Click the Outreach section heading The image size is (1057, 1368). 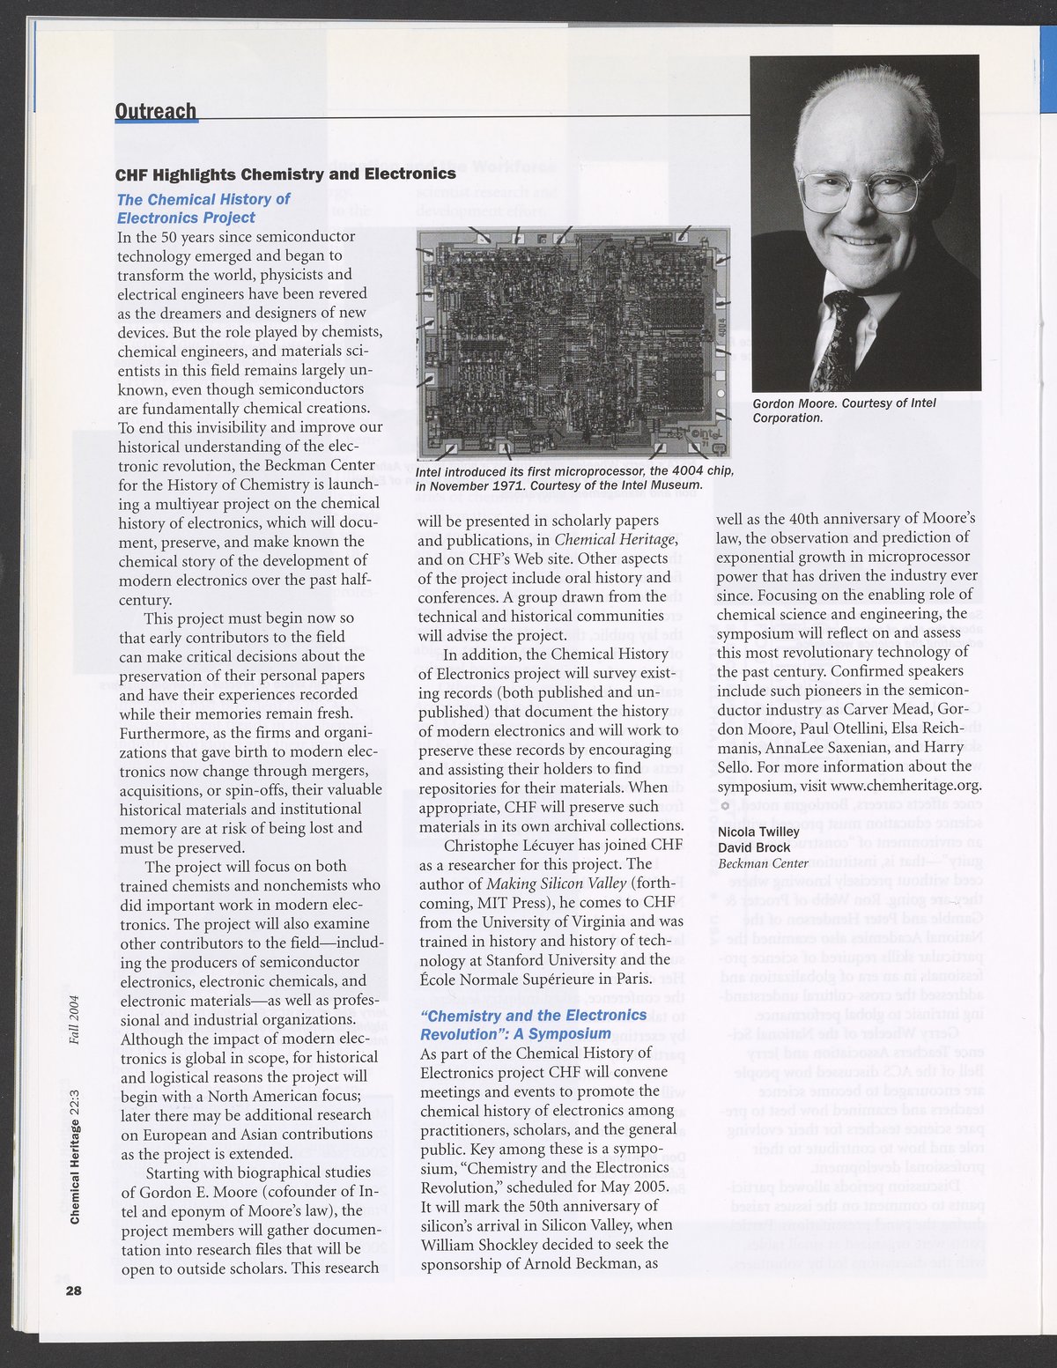pyautogui.click(x=156, y=111)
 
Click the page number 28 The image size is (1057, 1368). pyautogui.click(x=72, y=1290)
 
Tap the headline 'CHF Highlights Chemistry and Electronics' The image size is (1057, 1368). pyautogui.click(x=286, y=174)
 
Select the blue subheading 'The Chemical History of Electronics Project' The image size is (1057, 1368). pyautogui.click(x=203, y=209)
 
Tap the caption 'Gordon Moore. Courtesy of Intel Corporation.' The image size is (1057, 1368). pyautogui.click(x=844, y=410)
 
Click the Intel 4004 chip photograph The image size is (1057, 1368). pyautogui.click(x=573, y=344)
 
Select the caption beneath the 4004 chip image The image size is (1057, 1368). pyautogui.click(x=574, y=478)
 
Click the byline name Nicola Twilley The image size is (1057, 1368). pyautogui.click(x=758, y=832)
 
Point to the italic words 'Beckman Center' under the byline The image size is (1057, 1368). pyautogui.click(x=763, y=863)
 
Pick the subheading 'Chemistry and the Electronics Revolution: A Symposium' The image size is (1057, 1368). pyautogui.click(x=533, y=1024)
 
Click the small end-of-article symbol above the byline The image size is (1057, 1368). pyautogui.click(x=724, y=806)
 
